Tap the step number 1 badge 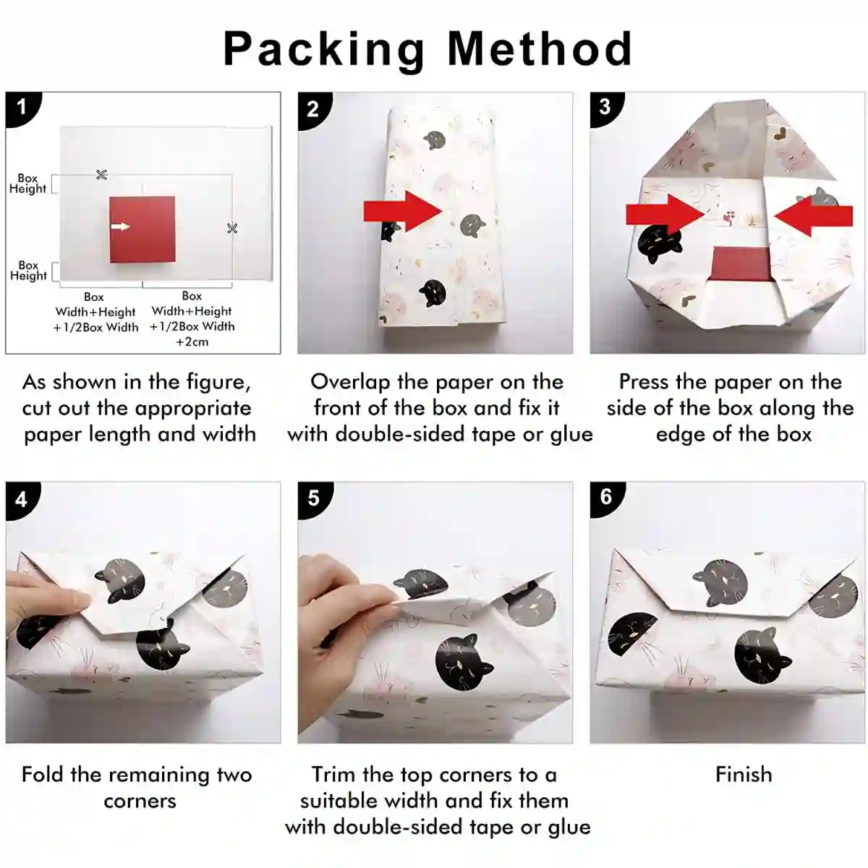click(x=22, y=108)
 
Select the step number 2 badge click(x=313, y=109)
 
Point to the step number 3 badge click(x=605, y=108)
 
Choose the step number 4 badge click(x=22, y=499)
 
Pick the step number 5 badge click(x=314, y=498)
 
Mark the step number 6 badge click(x=606, y=497)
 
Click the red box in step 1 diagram click(x=142, y=229)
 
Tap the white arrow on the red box click(x=120, y=226)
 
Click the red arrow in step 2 click(x=403, y=210)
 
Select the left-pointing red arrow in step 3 click(x=814, y=216)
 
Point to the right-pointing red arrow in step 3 click(x=665, y=216)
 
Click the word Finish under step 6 click(x=744, y=775)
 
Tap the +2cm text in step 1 click(x=192, y=342)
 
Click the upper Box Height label click(x=28, y=183)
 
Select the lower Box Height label click(x=28, y=271)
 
